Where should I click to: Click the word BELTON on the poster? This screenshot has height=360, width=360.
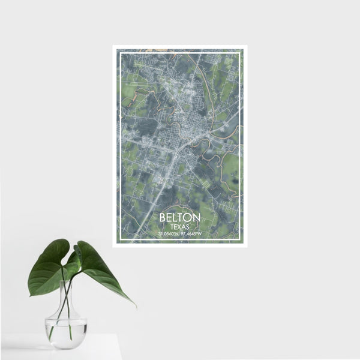click(178, 218)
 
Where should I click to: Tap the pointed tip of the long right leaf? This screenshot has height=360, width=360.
click(136, 306)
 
